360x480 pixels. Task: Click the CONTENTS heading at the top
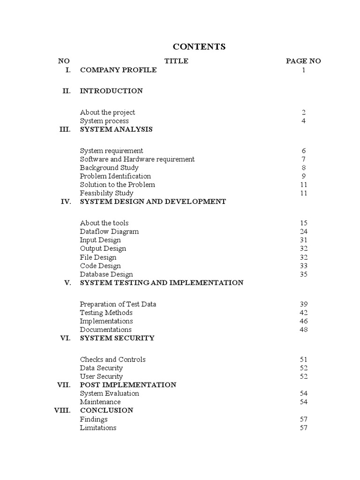pyautogui.click(x=199, y=46)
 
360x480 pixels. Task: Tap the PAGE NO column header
pyautogui.click(x=303, y=61)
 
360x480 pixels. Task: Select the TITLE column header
pyautogui.click(x=176, y=61)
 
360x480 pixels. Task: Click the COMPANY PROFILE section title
pyautogui.click(x=118, y=70)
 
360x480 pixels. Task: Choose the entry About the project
pyautogui.click(x=107, y=112)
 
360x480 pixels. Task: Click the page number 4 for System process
pyautogui.click(x=304, y=120)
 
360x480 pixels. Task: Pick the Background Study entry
pyautogui.click(x=109, y=167)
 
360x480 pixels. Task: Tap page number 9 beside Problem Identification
pyautogui.click(x=304, y=176)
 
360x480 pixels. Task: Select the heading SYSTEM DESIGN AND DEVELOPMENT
pyautogui.click(x=153, y=201)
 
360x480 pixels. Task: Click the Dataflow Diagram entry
pyautogui.click(x=109, y=231)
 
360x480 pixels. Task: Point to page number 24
pyautogui.click(x=304, y=231)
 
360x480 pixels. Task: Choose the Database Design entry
pyautogui.click(x=106, y=274)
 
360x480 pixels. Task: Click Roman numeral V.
pyautogui.click(x=67, y=283)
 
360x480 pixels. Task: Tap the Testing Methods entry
pyautogui.click(x=106, y=313)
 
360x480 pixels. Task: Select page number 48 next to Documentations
pyautogui.click(x=304, y=330)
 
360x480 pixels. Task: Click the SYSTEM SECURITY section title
pyautogui.click(x=117, y=338)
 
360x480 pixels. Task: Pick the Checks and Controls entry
pyautogui.click(x=112, y=360)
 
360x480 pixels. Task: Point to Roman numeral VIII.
pyautogui.click(x=62, y=410)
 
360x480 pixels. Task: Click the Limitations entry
pyautogui.click(x=98, y=427)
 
